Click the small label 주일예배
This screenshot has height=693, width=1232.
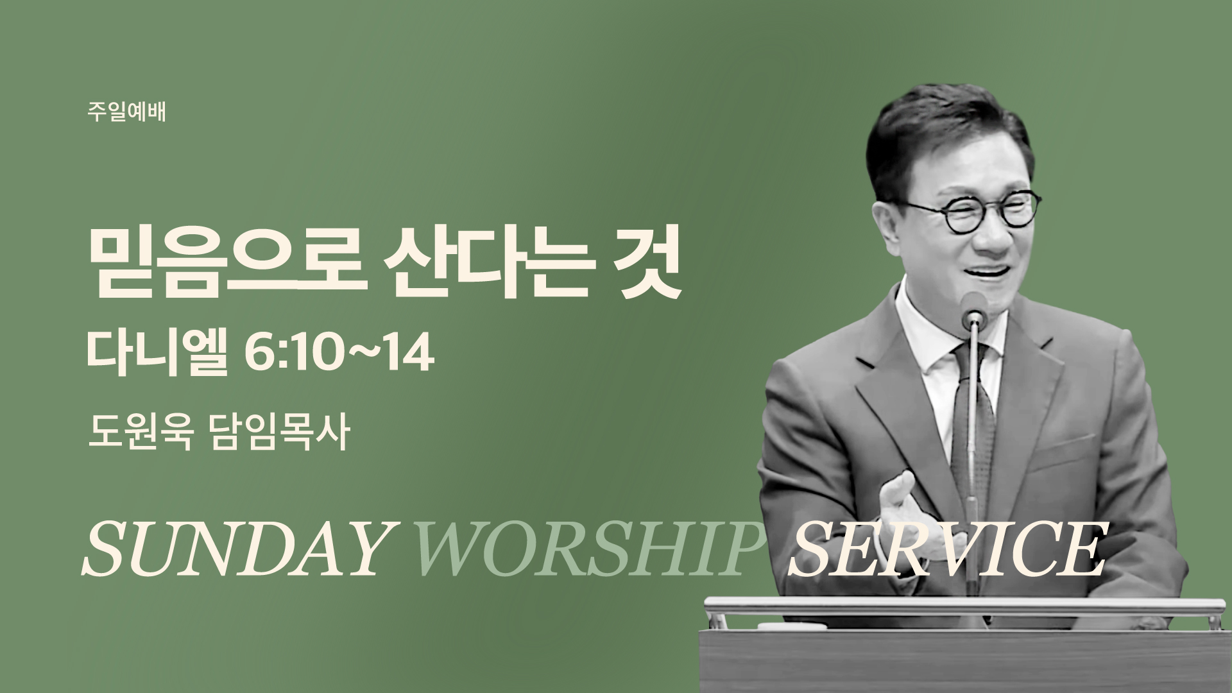coord(127,113)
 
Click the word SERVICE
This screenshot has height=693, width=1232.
coord(947,549)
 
